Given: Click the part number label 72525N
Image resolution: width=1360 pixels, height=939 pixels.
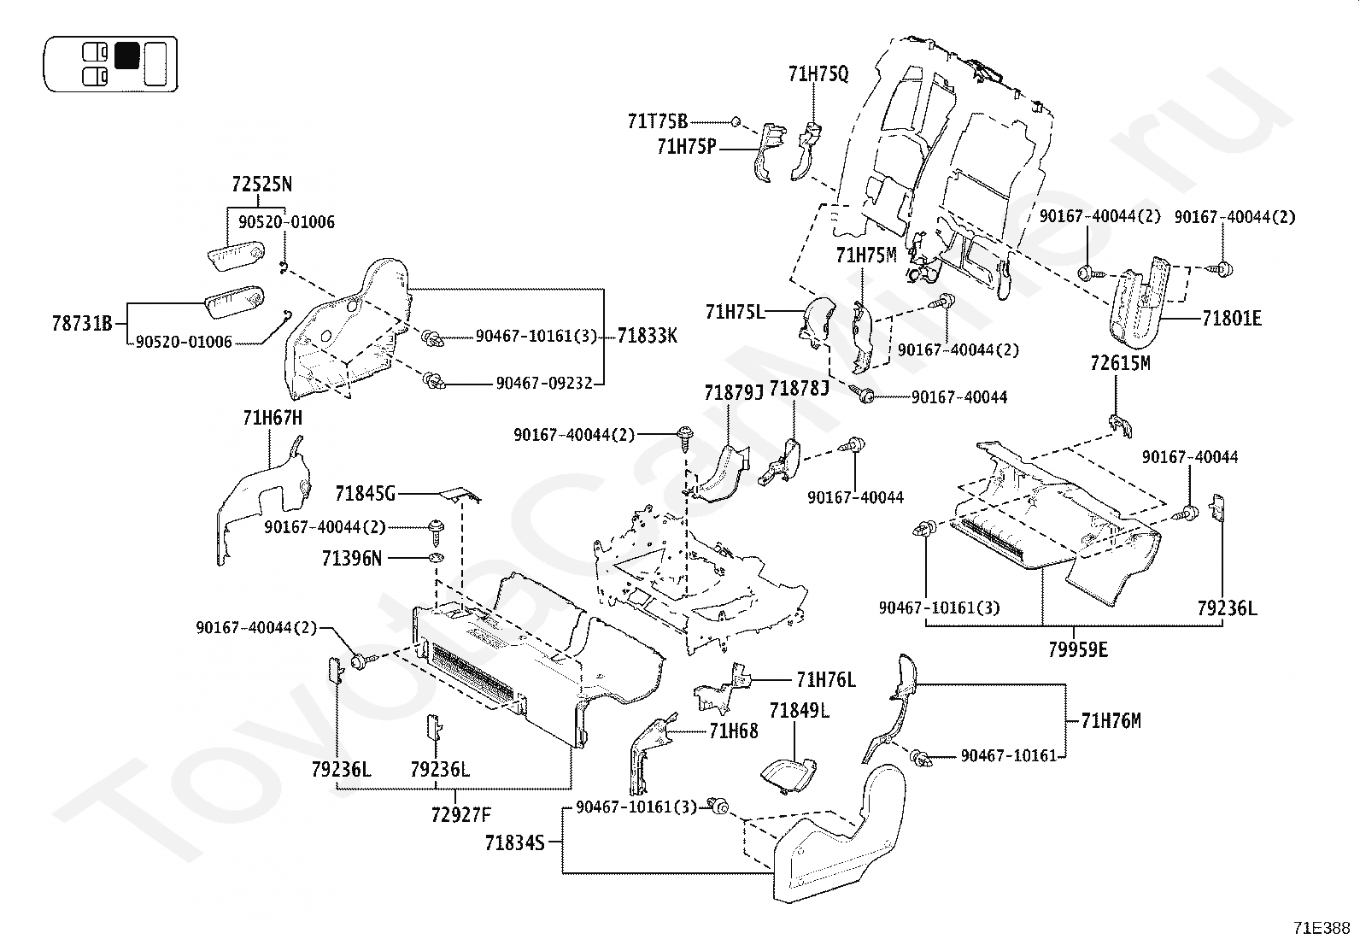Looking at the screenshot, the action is click(x=261, y=184).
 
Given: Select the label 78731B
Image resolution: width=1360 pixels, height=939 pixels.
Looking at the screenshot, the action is click(x=82, y=324).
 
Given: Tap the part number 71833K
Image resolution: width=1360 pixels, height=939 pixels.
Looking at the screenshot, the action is click(x=648, y=336).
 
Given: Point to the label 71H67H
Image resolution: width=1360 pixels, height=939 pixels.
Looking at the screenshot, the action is click(x=273, y=418).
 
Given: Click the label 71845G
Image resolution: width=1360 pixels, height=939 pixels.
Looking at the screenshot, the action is click(x=365, y=494).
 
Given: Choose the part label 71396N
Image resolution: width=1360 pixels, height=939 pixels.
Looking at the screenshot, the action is click(x=352, y=558).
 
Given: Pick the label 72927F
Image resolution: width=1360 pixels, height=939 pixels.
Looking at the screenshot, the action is click(x=460, y=814).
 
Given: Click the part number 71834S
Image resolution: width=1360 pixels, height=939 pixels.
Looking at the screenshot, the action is click(x=515, y=843).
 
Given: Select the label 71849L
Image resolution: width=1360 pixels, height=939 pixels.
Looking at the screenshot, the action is click(x=799, y=710).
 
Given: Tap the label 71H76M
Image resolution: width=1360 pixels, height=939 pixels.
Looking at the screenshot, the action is click(x=1111, y=721).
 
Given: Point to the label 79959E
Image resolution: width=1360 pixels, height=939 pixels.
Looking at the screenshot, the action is click(x=1078, y=650).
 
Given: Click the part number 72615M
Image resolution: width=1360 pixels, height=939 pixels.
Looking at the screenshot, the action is click(x=1120, y=363).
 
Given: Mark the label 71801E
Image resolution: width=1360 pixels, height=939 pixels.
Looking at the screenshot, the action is click(x=1232, y=318).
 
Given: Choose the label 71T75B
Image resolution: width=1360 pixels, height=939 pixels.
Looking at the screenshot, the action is click(x=658, y=122).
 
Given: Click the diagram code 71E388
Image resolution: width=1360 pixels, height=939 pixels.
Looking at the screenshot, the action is click(x=1322, y=928).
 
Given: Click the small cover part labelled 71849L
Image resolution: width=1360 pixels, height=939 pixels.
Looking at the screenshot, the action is click(x=788, y=776).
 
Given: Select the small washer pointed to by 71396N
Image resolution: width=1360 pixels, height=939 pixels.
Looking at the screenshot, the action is click(x=436, y=558).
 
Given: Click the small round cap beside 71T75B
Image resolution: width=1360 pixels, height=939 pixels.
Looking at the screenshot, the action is click(x=735, y=122).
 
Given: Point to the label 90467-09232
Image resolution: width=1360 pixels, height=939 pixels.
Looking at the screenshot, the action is click(x=544, y=384).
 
